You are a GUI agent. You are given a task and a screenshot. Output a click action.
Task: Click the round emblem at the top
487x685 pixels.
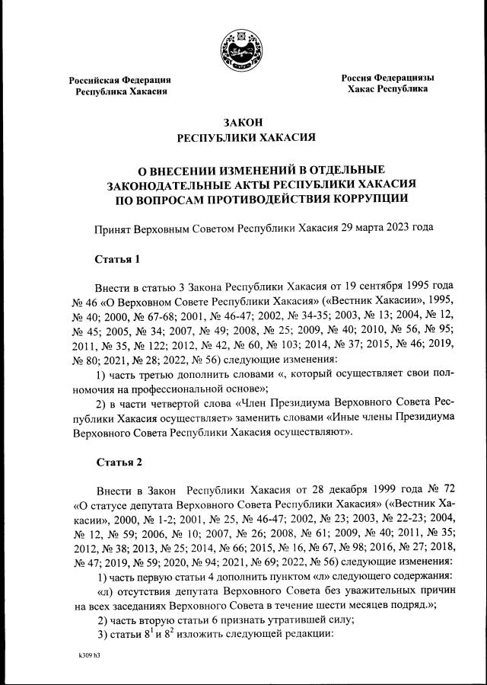pyautogui.click(x=243, y=51)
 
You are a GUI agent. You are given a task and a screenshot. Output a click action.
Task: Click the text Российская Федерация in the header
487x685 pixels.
pyautogui.click(x=120, y=79)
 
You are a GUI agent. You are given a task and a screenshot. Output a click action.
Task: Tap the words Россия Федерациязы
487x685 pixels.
pyautogui.click(x=387, y=78)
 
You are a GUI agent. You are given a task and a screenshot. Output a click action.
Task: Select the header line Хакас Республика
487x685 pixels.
pyautogui.click(x=387, y=89)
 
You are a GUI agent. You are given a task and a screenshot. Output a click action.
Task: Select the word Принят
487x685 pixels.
pyautogui.click(x=112, y=228)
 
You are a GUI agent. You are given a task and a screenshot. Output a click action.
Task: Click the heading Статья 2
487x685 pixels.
pyautogui.click(x=118, y=462)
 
